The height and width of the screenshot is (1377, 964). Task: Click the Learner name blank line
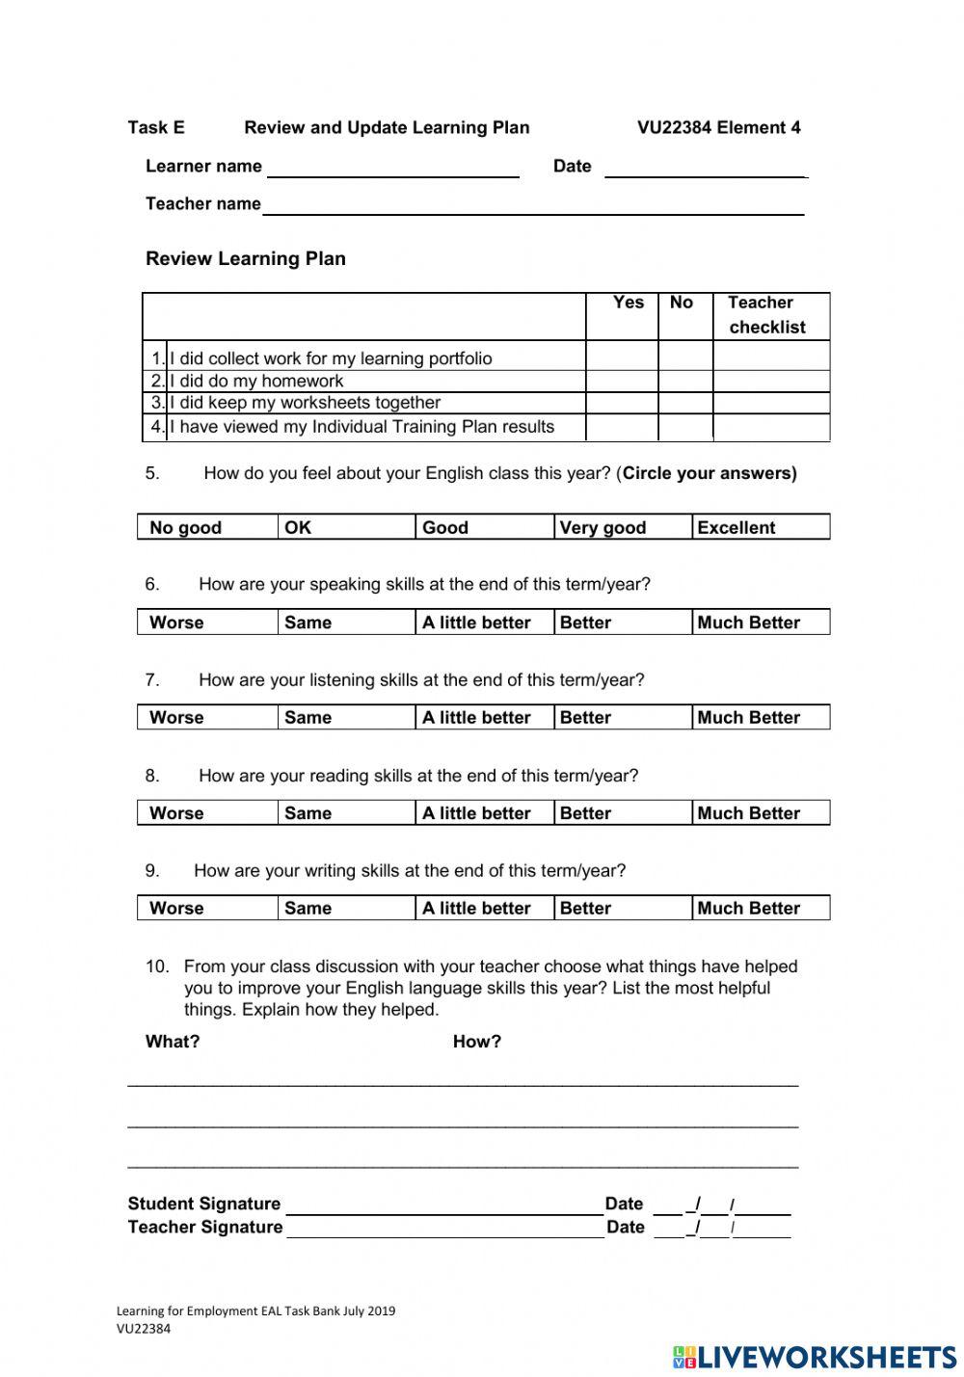(x=392, y=170)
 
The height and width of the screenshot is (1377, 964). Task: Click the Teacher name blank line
(x=533, y=207)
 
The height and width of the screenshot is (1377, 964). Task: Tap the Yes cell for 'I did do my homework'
(x=622, y=381)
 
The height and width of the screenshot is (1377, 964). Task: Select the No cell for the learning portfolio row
(x=684, y=357)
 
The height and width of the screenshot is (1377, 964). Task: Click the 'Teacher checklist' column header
(x=766, y=315)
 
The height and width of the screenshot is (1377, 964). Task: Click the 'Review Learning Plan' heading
(x=246, y=258)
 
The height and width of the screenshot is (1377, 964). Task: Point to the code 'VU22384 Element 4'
(x=718, y=127)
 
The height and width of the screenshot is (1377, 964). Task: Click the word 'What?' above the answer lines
(x=173, y=1042)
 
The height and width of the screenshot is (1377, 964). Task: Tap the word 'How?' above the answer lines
(x=477, y=1042)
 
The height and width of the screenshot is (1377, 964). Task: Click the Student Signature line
(x=443, y=1206)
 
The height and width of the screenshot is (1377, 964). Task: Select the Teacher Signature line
(x=443, y=1230)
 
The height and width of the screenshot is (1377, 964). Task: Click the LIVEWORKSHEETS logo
(x=815, y=1357)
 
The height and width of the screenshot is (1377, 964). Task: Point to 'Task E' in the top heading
(x=156, y=127)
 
